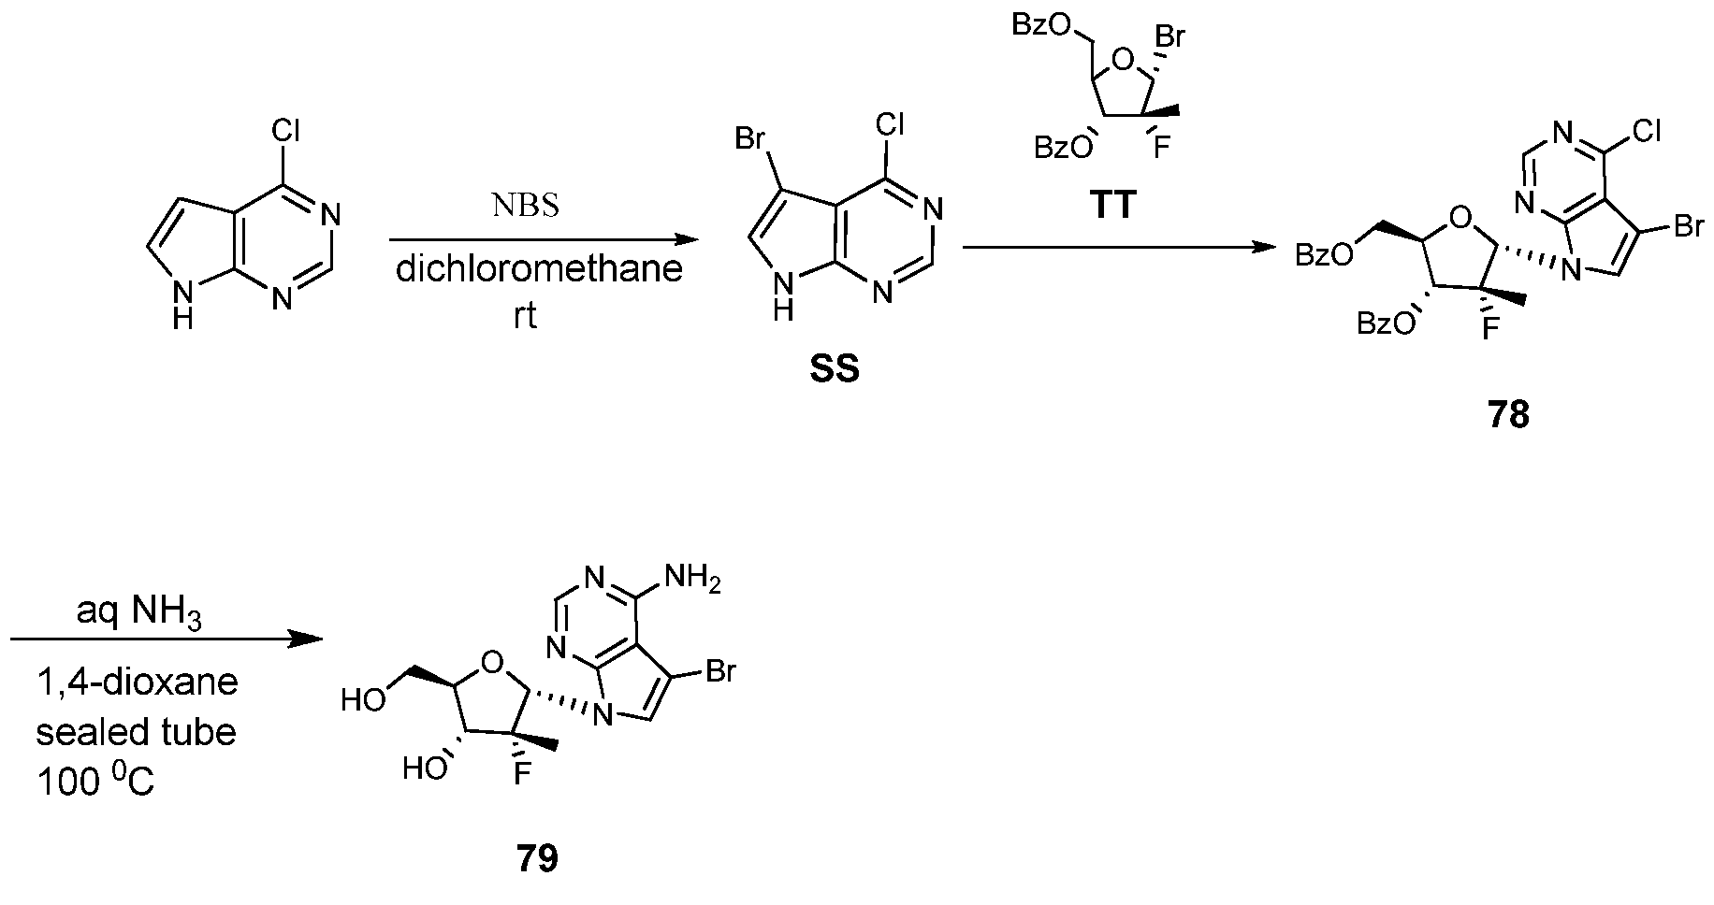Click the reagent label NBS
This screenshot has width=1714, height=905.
tap(525, 206)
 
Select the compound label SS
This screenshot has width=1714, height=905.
tap(835, 370)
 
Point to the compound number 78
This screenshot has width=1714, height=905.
tap(1507, 414)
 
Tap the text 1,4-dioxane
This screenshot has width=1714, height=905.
tap(138, 682)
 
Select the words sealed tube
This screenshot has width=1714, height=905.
tap(137, 731)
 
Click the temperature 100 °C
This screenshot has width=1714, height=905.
tap(95, 782)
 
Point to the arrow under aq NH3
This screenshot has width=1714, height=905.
tap(166, 639)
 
